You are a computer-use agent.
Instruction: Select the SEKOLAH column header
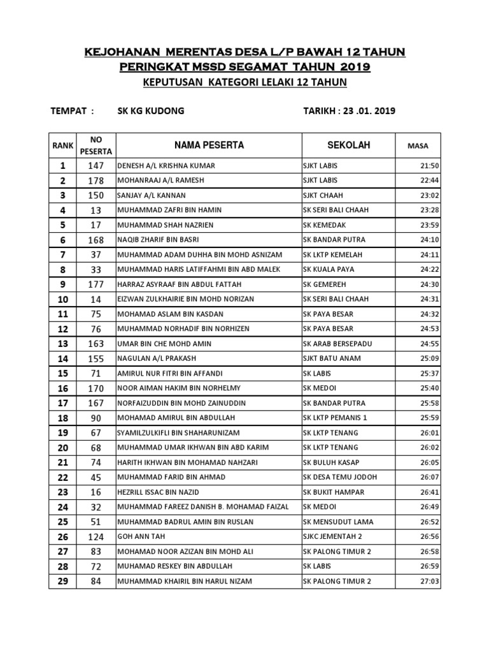pyautogui.click(x=348, y=145)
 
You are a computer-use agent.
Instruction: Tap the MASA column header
pyautogui.click(x=418, y=146)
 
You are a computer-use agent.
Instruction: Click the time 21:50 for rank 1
pyautogui.click(x=430, y=166)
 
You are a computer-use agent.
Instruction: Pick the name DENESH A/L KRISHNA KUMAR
pyautogui.click(x=166, y=166)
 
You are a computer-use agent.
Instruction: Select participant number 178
pyautogui.click(x=96, y=180)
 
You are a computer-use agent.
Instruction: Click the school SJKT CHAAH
pyautogui.click(x=325, y=195)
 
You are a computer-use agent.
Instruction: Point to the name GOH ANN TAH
pyautogui.click(x=138, y=536)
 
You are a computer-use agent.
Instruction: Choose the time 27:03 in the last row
pyautogui.click(x=430, y=581)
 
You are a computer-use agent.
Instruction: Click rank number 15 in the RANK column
pyautogui.click(x=62, y=373)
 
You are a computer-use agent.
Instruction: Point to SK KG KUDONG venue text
pyautogui.click(x=151, y=111)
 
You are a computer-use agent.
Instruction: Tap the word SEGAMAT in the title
pyautogui.click(x=263, y=67)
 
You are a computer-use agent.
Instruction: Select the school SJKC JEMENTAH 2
pyautogui.click(x=333, y=536)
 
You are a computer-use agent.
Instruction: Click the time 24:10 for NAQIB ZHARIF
pyautogui.click(x=430, y=240)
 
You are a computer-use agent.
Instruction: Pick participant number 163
pyautogui.click(x=96, y=344)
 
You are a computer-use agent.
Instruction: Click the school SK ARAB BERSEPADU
pyautogui.click(x=337, y=344)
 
